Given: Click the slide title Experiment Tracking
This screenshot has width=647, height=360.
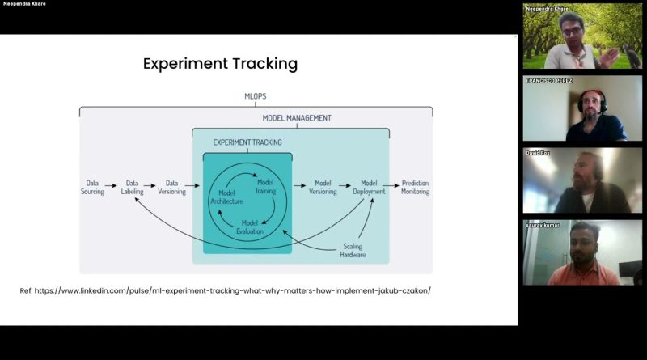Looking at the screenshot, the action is point(220,64).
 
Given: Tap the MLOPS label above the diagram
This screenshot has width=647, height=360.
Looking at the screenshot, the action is point(256,96).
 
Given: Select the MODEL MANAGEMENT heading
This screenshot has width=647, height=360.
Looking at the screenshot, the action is point(297,118).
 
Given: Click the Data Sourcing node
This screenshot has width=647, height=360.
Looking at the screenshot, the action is point(92,187).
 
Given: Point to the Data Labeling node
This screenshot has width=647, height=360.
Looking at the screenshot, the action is point(132,187).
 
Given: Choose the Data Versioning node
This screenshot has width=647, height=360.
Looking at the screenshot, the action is point(171,187).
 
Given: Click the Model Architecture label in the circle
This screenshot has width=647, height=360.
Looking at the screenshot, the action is point(226,197).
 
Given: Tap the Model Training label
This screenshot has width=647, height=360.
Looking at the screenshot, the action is point(265,186).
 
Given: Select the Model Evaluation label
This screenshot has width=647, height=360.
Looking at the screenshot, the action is point(250,227).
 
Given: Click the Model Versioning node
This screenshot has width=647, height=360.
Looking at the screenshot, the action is point(323,187).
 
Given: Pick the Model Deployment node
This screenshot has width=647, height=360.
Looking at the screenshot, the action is point(369,187).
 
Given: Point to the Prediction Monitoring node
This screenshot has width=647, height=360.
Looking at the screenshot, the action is point(416,187).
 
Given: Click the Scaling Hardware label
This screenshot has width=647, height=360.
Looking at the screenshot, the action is point(353,250).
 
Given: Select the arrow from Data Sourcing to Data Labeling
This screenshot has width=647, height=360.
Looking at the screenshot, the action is point(111,186).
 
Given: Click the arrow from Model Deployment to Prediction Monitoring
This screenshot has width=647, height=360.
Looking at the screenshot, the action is point(391,186).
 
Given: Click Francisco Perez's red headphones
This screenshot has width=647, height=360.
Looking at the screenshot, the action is point(593,99).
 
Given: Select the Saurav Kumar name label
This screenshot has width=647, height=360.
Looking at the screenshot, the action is point(543,225).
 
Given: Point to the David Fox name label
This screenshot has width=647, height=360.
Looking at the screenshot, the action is point(538,153).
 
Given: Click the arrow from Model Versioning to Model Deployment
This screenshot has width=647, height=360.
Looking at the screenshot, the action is point(345,186).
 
